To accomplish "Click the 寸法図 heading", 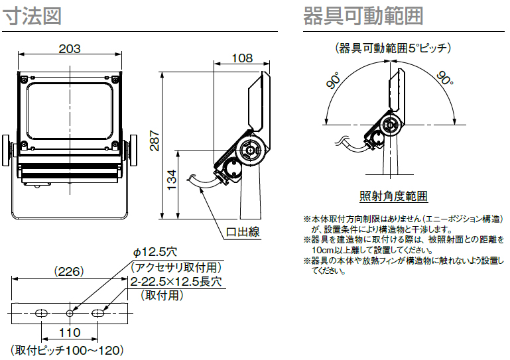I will point(32,16).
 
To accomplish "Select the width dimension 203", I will point(70,48).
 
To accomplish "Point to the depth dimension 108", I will point(242,58).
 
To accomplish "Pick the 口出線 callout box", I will point(242,232).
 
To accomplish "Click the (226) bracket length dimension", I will point(68,271).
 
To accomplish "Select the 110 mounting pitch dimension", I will point(70,332).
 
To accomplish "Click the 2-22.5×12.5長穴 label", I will point(176,282).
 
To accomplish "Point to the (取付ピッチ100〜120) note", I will point(67,349).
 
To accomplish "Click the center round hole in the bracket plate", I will point(70,312).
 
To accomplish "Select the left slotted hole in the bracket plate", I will point(42,312).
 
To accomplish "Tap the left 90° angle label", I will point(334,82).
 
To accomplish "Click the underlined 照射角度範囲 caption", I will point(394,196).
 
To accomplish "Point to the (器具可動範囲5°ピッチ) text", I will point(393,48).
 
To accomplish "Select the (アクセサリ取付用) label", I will point(175,267).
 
